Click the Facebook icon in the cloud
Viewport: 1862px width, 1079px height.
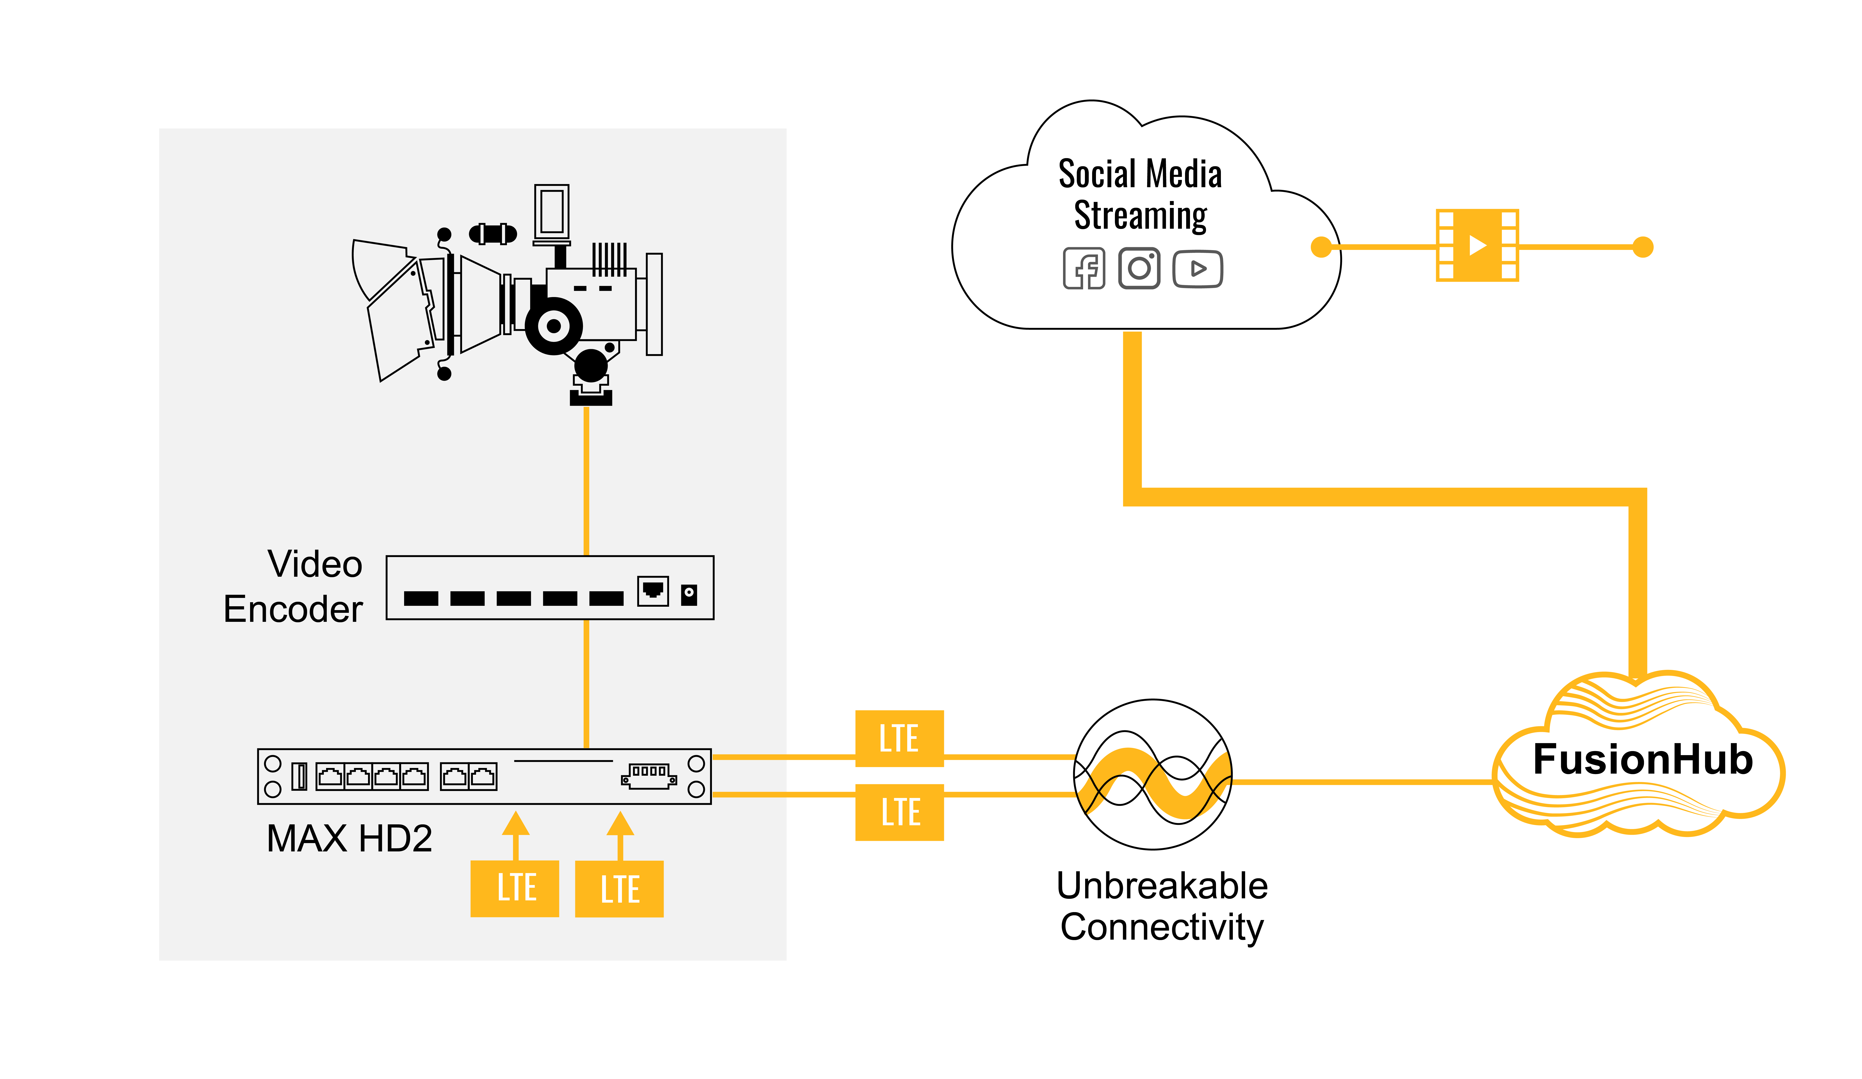tap(1084, 268)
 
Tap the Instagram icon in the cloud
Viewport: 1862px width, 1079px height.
tap(1139, 268)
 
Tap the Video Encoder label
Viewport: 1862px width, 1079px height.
tap(293, 587)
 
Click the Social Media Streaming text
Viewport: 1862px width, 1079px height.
tap(1140, 194)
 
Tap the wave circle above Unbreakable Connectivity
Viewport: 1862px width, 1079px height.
tap(1153, 775)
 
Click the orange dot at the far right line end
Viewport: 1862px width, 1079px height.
tap(1643, 247)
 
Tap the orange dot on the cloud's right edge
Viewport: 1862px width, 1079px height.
tap(1321, 247)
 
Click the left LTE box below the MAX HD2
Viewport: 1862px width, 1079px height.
tap(515, 888)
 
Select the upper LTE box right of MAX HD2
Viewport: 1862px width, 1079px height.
tap(899, 738)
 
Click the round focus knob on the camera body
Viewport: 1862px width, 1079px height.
tap(553, 326)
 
